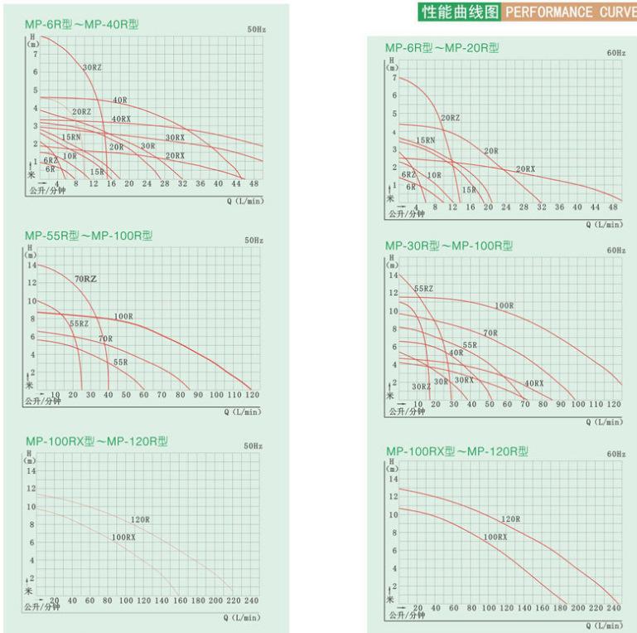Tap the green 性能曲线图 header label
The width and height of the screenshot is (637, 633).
pos(461,12)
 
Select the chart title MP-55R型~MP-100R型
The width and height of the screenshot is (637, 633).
pos(87,236)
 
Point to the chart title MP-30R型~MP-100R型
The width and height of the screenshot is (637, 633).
pos(449,246)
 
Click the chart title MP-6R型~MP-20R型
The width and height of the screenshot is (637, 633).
pos(442,47)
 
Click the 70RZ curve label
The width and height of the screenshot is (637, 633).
pos(85,279)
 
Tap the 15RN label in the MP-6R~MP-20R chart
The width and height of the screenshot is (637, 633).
pos(425,141)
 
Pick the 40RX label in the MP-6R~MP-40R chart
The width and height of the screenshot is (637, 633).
pos(121,119)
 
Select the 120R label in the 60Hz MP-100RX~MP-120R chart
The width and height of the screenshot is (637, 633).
pos(510,519)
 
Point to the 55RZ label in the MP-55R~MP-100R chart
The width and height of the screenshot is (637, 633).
pos(79,324)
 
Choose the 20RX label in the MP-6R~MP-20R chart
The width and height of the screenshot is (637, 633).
pos(525,169)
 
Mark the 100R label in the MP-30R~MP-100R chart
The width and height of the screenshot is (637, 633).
pos(504,306)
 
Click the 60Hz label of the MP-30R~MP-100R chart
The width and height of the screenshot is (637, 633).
pos(615,250)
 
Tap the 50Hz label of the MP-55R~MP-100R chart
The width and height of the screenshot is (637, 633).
pos(253,240)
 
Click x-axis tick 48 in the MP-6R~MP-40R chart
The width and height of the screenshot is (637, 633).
pos(253,183)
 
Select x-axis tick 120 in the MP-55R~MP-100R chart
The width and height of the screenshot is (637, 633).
pos(252,395)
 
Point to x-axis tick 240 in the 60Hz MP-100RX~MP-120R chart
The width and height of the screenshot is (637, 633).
pos(613,607)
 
